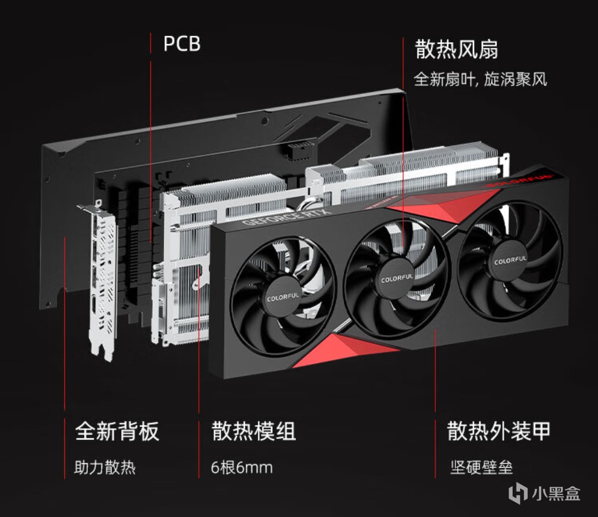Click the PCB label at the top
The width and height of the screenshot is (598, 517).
182,44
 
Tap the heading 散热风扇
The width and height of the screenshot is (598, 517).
456,50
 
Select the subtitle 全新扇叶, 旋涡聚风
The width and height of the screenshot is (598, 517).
480,79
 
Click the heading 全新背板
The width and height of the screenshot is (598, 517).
117,432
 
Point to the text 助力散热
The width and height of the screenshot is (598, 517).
105,468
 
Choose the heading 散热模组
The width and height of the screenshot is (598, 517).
254,432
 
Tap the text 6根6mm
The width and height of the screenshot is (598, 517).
242,468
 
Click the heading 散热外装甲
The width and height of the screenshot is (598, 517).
499,432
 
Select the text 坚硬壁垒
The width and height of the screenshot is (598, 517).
481,468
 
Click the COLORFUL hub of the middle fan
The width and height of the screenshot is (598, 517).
396,278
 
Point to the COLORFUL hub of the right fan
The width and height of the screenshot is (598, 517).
510,261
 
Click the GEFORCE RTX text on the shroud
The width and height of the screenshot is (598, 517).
288,216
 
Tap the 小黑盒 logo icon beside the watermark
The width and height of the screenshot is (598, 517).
518,493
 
